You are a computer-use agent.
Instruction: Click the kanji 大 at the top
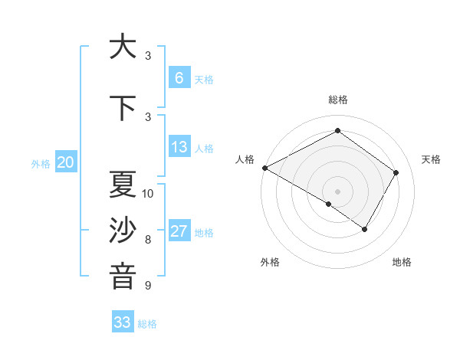tap(123, 47)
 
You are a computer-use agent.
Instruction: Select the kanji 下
tap(123, 108)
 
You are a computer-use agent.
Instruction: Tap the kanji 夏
tap(123, 185)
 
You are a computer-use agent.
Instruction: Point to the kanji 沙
tap(123, 231)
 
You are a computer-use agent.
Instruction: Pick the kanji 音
tap(123, 277)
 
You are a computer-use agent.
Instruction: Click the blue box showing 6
tap(179, 78)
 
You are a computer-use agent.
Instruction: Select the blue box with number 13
tap(179, 147)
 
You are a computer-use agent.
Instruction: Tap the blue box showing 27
tap(179, 231)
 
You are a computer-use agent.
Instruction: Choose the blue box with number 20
tap(66, 162)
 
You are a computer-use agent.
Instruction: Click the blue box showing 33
tap(123, 322)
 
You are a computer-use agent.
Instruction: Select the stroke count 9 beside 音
tap(148, 286)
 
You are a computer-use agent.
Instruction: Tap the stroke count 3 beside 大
tap(148, 56)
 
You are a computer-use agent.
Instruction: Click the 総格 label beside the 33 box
tap(147, 324)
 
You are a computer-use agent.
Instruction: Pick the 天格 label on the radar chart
tap(432, 159)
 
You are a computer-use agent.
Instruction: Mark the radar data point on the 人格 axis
tap(264, 168)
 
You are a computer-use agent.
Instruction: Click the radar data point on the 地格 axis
tap(365, 229)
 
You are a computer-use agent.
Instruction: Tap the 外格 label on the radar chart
tap(270, 262)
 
